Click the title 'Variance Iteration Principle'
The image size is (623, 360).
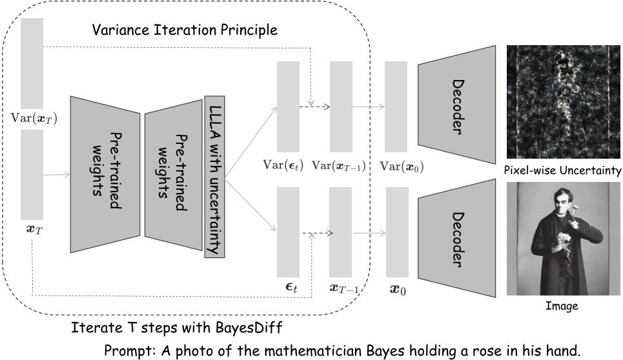coord(185,30)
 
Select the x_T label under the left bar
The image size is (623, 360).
coord(30,229)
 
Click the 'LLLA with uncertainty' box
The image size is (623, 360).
coord(214,177)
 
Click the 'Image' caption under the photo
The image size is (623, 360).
coord(563,306)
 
